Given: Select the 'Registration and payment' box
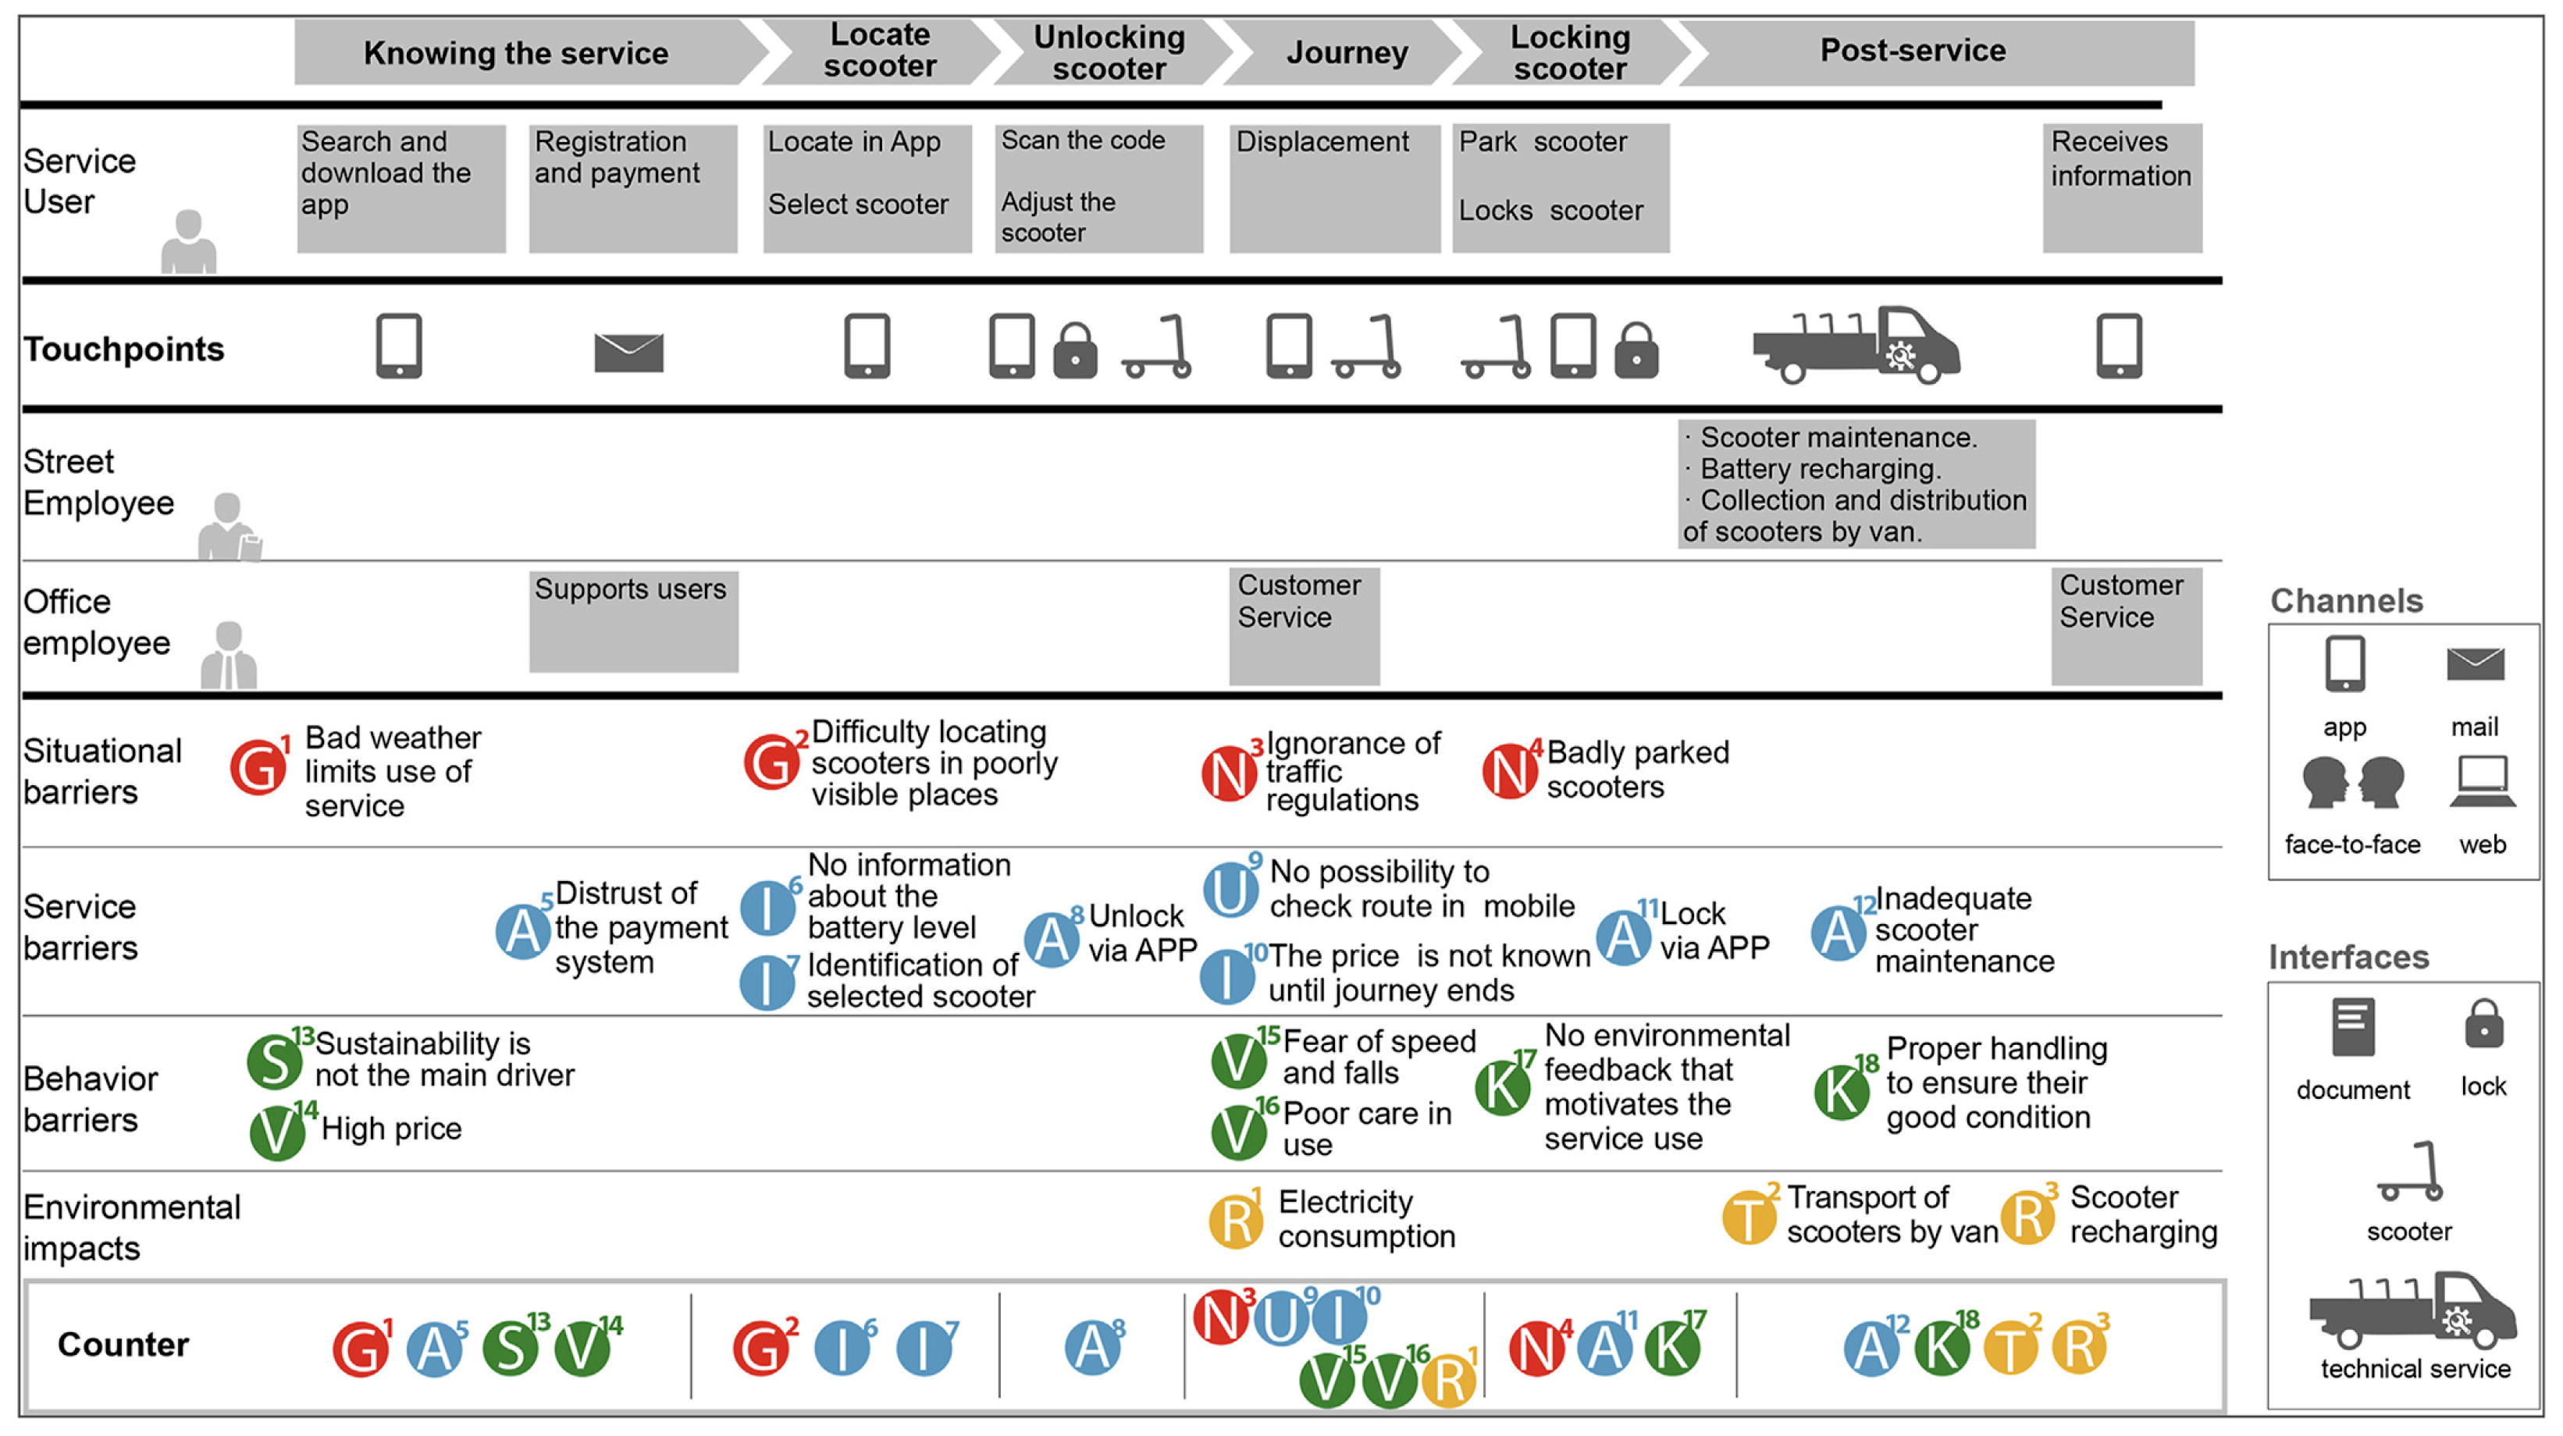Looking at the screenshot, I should tap(633, 188).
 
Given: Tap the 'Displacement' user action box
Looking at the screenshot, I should tap(1334, 188).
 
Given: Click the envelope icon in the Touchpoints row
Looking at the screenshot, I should tap(628, 352).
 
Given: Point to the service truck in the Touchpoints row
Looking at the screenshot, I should tap(1856, 345).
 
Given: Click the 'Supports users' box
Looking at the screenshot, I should tap(633, 620).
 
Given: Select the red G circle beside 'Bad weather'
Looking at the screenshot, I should tap(258, 769).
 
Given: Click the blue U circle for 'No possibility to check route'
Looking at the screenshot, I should tap(1230, 889).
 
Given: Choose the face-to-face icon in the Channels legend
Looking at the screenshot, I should tap(2352, 783).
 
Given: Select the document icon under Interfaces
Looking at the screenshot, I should tap(2352, 1026).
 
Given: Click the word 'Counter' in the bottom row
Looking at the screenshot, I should tap(123, 1345).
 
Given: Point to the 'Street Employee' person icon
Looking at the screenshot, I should tap(228, 527).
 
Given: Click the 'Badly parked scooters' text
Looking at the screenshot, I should tap(1636, 769).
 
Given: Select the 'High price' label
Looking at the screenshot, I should tap(391, 1129).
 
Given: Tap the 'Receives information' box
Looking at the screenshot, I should tap(2121, 188).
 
